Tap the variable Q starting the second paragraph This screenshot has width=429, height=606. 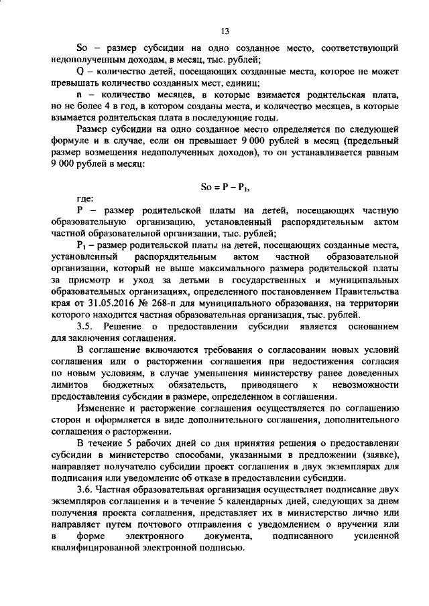click(x=80, y=71)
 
